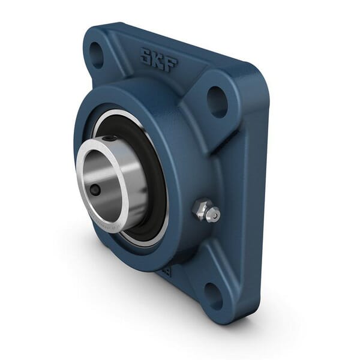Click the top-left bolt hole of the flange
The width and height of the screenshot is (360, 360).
[x=96, y=55]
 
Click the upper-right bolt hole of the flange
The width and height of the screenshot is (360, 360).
[x=217, y=101]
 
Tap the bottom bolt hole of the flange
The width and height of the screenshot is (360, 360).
[x=214, y=295]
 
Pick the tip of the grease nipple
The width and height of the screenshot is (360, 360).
[x=214, y=214]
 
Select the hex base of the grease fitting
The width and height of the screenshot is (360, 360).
[x=200, y=209]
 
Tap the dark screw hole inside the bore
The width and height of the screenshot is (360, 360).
[x=95, y=190]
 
